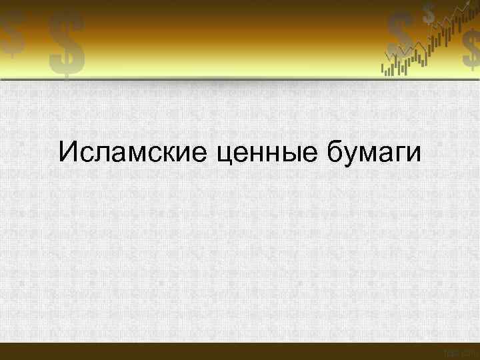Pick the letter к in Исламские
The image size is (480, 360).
[x=166, y=154]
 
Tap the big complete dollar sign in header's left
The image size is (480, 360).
[x=66, y=45]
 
